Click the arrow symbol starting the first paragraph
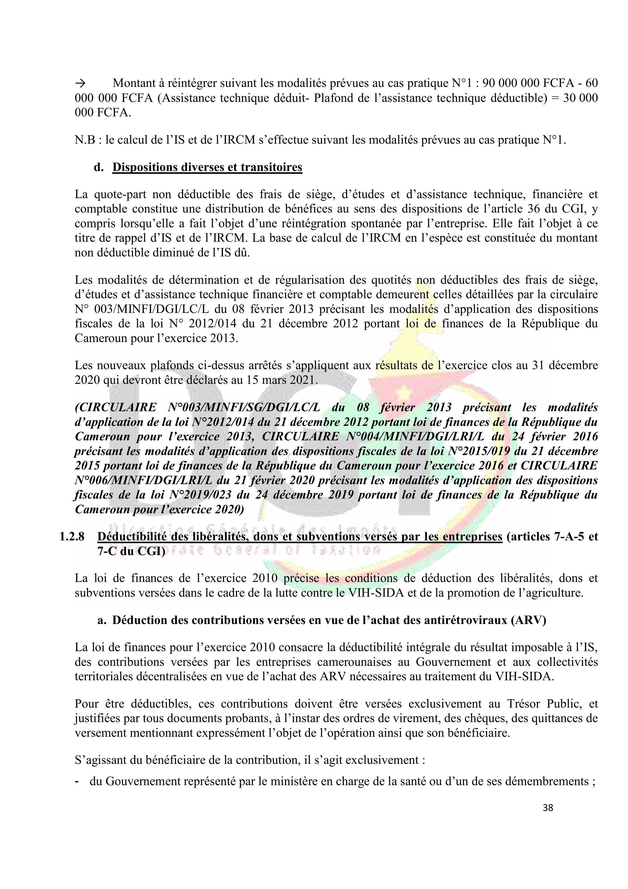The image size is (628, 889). tap(80, 83)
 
